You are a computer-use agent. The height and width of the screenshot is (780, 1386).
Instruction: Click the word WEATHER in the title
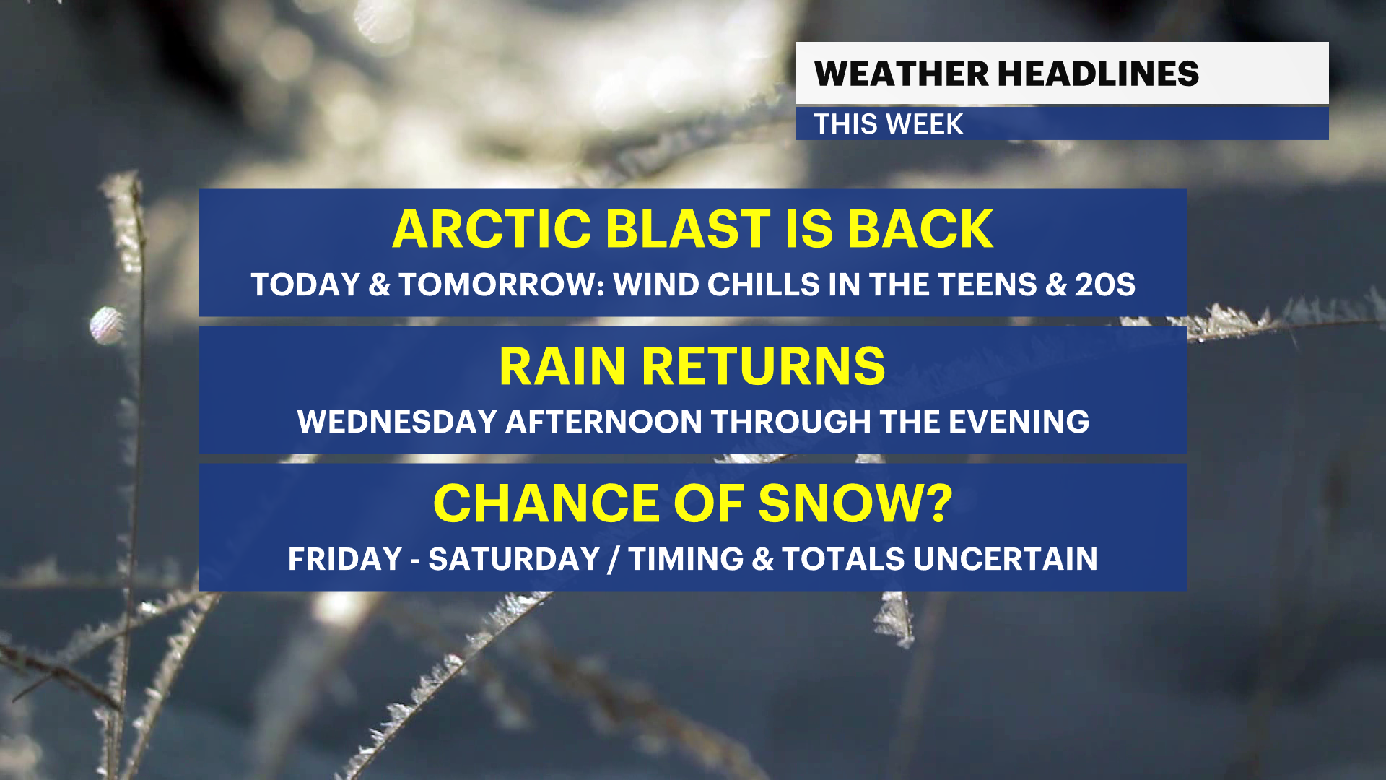tap(901, 74)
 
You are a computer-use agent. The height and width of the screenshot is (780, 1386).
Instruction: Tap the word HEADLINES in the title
tap(1099, 74)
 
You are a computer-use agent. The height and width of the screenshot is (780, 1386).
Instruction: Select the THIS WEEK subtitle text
tap(888, 124)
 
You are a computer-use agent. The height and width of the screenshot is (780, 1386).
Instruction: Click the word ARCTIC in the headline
tap(492, 229)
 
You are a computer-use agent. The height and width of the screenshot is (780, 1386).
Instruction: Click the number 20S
tap(1105, 285)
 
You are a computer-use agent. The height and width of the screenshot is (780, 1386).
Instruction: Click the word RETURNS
tap(763, 367)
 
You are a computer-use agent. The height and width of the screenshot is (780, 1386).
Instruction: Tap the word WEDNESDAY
tap(397, 422)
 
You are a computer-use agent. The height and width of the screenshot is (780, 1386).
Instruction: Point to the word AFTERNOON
tap(603, 422)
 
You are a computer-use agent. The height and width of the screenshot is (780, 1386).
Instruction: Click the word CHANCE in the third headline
tap(546, 503)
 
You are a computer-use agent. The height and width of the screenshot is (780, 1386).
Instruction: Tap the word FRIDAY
tap(345, 559)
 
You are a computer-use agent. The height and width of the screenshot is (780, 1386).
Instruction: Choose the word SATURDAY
tap(514, 559)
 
